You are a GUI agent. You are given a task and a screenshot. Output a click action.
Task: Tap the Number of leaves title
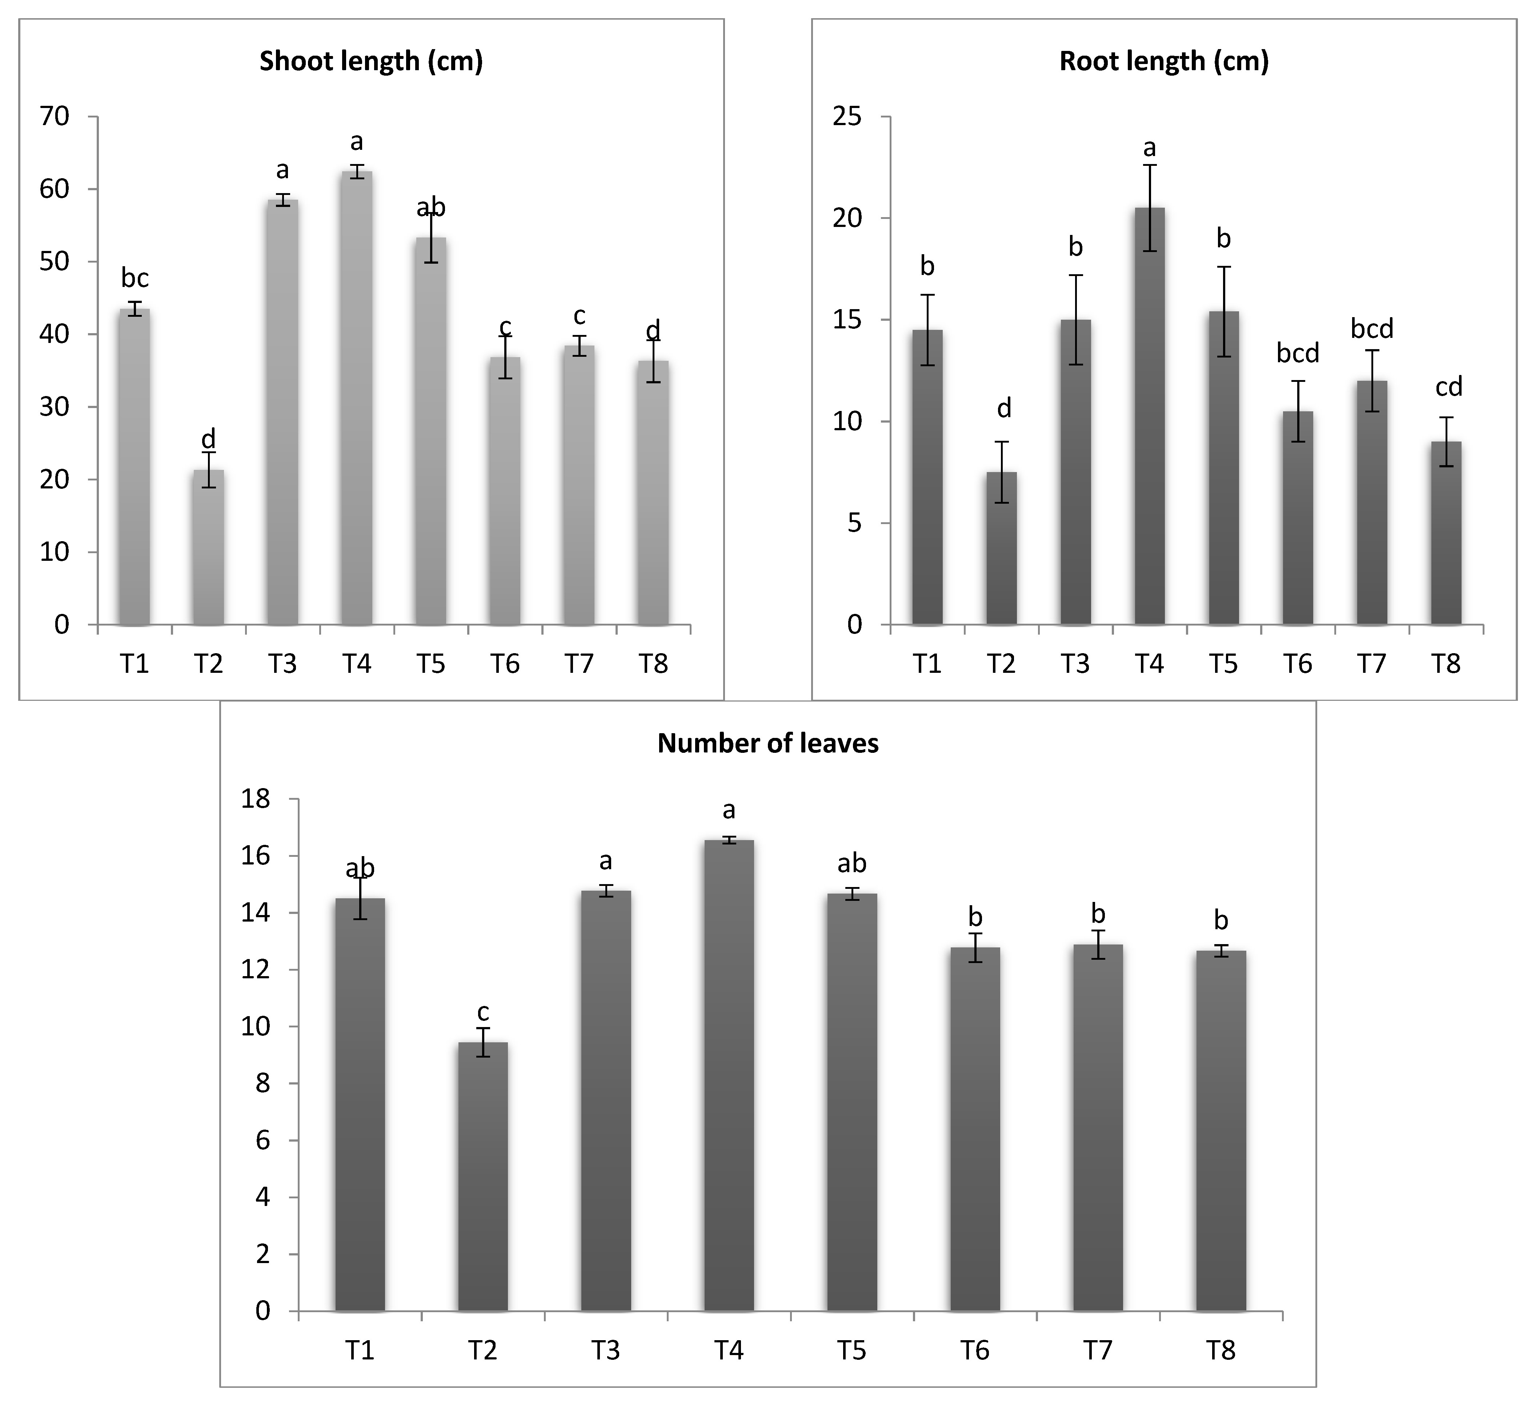(x=767, y=743)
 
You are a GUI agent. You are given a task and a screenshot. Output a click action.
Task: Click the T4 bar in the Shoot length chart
(x=356, y=396)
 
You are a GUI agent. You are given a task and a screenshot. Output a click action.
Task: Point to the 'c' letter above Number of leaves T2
(x=483, y=1012)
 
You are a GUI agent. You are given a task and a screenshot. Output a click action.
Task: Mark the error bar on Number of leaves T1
(x=360, y=899)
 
